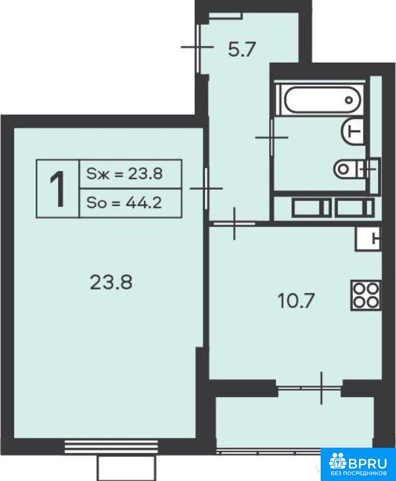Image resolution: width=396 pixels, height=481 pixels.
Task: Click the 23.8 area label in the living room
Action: [111, 282]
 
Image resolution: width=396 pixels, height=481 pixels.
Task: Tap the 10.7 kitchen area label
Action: [296, 301]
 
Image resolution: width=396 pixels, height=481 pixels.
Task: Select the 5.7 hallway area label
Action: [242, 49]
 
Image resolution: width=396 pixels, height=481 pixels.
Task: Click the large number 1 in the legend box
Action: [58, 189]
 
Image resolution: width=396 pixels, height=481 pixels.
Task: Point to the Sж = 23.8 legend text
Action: [124, 174]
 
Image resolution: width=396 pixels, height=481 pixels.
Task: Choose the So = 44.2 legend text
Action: [124, 203]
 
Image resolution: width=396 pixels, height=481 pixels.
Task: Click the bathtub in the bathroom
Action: [320, 99]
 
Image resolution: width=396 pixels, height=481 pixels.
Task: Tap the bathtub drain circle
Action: [349, 100]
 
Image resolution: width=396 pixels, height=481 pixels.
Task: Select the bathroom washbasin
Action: [352, 132]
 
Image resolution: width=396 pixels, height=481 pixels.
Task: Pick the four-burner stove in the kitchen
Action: [365, 296]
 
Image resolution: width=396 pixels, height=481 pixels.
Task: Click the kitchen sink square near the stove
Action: [368, 239]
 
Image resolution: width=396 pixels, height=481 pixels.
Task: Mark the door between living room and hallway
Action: [206, 188]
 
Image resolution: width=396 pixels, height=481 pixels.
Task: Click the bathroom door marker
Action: [272, 137]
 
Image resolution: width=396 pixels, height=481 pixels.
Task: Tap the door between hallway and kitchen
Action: [234, 224]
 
